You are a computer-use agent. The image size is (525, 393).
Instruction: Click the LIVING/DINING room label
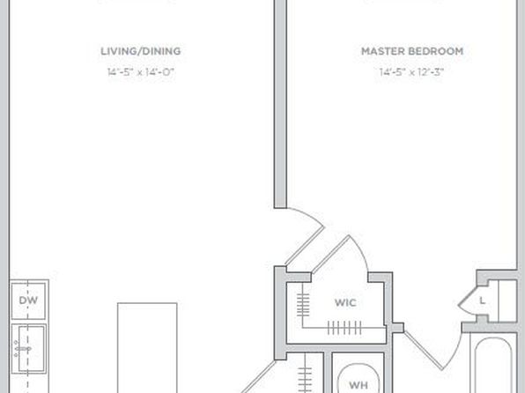point(141,51)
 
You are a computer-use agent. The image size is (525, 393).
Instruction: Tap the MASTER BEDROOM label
point(412,51)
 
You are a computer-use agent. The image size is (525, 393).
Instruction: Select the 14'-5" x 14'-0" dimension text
point(141,72)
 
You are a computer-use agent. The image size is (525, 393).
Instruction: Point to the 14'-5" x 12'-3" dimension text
point(412,72)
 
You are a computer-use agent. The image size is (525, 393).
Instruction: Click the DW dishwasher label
point(28,300)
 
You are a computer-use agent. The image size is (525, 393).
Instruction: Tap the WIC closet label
point(345,303)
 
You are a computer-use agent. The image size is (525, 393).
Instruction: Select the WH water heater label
point(359,385)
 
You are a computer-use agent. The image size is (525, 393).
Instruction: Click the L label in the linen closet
point(482,300)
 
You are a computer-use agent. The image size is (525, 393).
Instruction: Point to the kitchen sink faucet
point(23,349)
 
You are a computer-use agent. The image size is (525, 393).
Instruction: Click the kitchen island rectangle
point(147,348)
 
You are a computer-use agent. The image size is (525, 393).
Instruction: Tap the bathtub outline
point(493,365)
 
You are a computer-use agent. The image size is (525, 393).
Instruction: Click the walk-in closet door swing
point(341,255)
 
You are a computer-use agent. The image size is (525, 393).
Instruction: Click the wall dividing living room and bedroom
point(280,104)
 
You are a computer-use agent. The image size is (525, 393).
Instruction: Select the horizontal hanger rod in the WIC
point(344,327)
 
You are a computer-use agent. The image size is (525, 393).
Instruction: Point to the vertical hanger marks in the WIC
point(303,305)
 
